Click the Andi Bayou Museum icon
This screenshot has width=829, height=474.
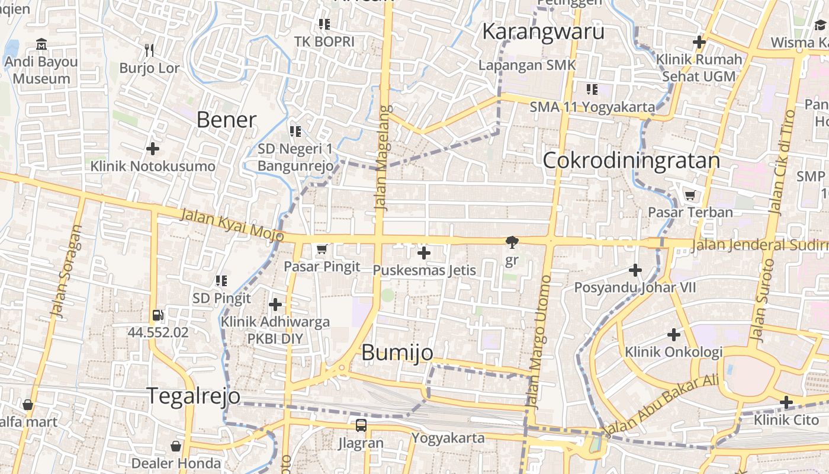pyautogui.click(x=41, y=44)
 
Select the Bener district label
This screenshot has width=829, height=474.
pyautogui.click(x=226, y=120)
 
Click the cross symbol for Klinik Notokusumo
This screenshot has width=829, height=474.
pyautogui.click(x=153, y=148)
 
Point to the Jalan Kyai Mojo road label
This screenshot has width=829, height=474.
pyautogui.click(x=232, y=225)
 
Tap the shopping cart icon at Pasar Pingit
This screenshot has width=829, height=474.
pyautogui.click(x=322, y=249)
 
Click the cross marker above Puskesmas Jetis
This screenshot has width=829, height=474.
pyautogui.click(x=423, y=254)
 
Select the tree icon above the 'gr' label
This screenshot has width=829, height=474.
pyautogui.click(x=512, y=242)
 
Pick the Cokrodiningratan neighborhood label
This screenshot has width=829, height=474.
pyautogui.click(x=631, y=161)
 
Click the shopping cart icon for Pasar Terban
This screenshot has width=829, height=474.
pyautogui.click(x=690, y=195)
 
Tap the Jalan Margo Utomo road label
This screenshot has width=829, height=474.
pyautogui.click(x=539, y=342)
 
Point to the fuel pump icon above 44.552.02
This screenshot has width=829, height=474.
pyautogui.click(x=158, y=316)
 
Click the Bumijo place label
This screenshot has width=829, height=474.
pyautogui.click(x=397, y=353)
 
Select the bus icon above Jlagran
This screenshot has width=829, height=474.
pyautogui.click(x=361, y=425)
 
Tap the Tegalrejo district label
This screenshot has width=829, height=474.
pyautogui.click(x=193, y=396)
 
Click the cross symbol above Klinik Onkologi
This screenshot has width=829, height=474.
pyautogui.click(x=674, y=335)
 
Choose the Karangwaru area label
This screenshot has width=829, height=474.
pyautogui.click(x=543, y=31)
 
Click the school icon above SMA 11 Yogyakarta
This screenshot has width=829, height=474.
pyautogui.click(x=592, y=89)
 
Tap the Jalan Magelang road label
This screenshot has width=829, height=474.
pyautogui.click(x=383, y=158)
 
